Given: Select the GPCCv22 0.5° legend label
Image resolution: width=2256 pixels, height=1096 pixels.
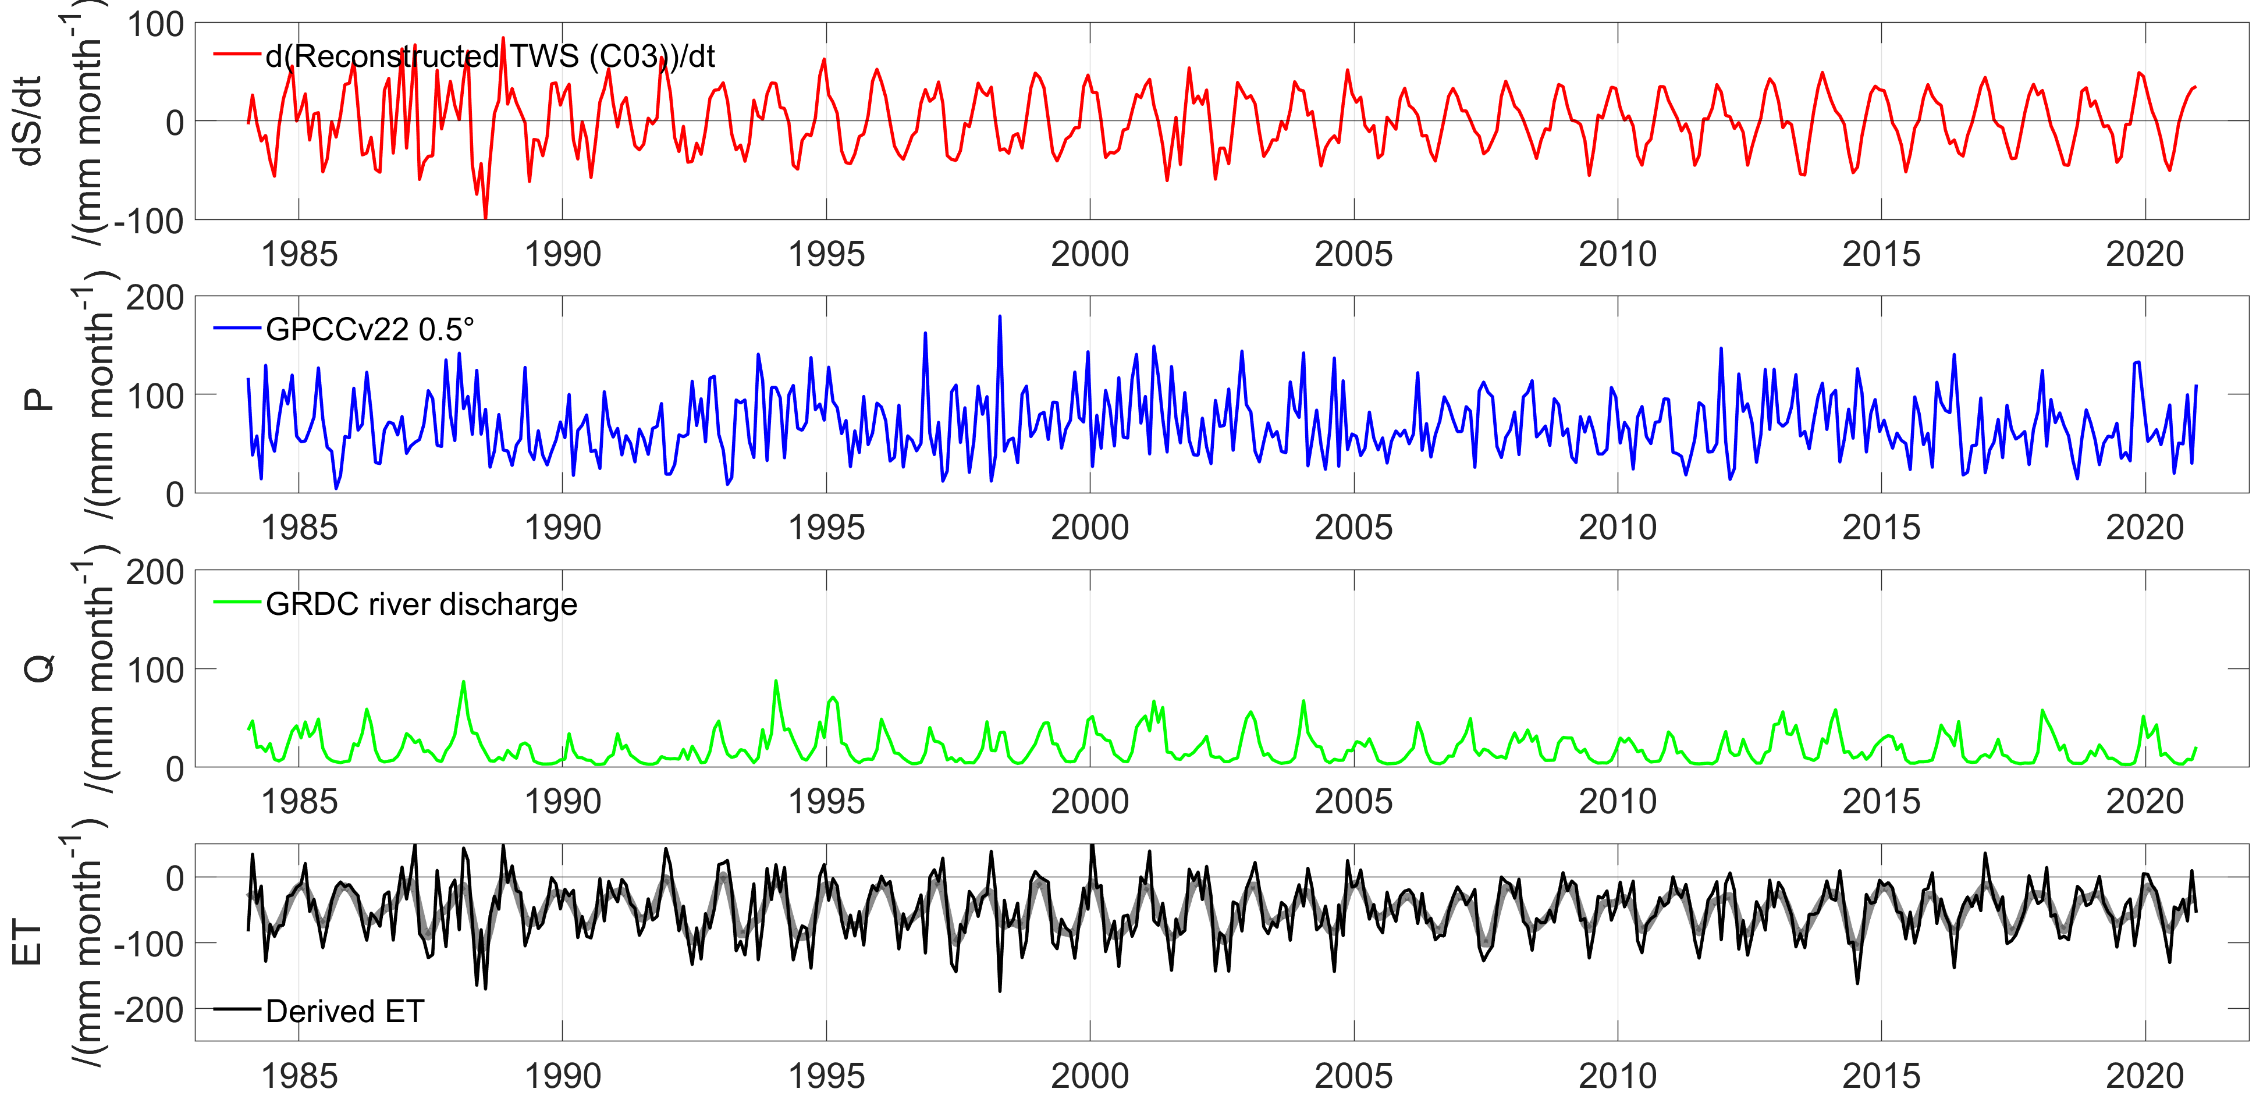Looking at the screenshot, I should [x=369, y=329].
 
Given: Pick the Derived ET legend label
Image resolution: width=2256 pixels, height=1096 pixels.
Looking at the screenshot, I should [x=344, y=1011].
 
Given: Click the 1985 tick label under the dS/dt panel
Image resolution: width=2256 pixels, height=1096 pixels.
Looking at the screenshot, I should [x=299, y=255].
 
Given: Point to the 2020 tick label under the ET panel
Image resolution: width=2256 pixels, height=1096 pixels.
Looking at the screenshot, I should [x=2145, y=1076].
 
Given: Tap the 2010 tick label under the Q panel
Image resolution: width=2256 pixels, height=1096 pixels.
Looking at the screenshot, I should [x=1618, y=802].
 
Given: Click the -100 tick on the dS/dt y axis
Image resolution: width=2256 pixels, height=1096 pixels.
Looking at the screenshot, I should [x=149, y=220].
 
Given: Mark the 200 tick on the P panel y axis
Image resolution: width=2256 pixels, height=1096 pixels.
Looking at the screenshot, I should [x=155, y=298].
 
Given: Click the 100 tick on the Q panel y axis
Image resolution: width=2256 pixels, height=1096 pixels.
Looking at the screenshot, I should [x=155, y=671].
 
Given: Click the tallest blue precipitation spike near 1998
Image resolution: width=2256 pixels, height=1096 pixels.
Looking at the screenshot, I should [x=999, y=317].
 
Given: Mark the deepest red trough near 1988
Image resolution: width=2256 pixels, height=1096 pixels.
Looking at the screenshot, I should [x=485, y=217].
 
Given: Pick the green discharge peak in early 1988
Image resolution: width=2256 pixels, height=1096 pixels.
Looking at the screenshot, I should [x=463, y=682].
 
